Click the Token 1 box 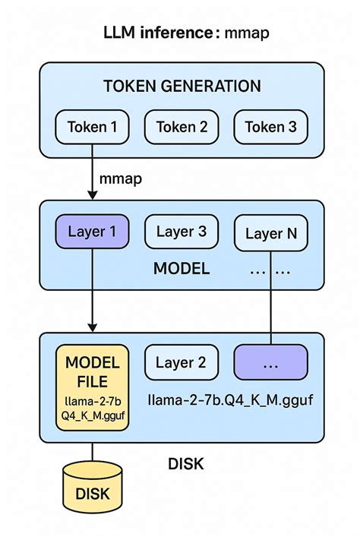coord(93,127)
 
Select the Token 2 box coord(182,127)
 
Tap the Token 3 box coord(271,127)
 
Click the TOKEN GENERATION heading coord(182,86)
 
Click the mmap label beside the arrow coord(122,180)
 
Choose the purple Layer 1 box coord(93,232)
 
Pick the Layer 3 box coord(182,232)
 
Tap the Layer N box coord(271,234)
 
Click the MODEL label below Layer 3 coord(182,269)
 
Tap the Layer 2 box coord(182,363)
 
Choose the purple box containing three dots coord(271,363)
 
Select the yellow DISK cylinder coord(93,489)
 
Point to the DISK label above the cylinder coord(185,463)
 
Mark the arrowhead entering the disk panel coord(93,327)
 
